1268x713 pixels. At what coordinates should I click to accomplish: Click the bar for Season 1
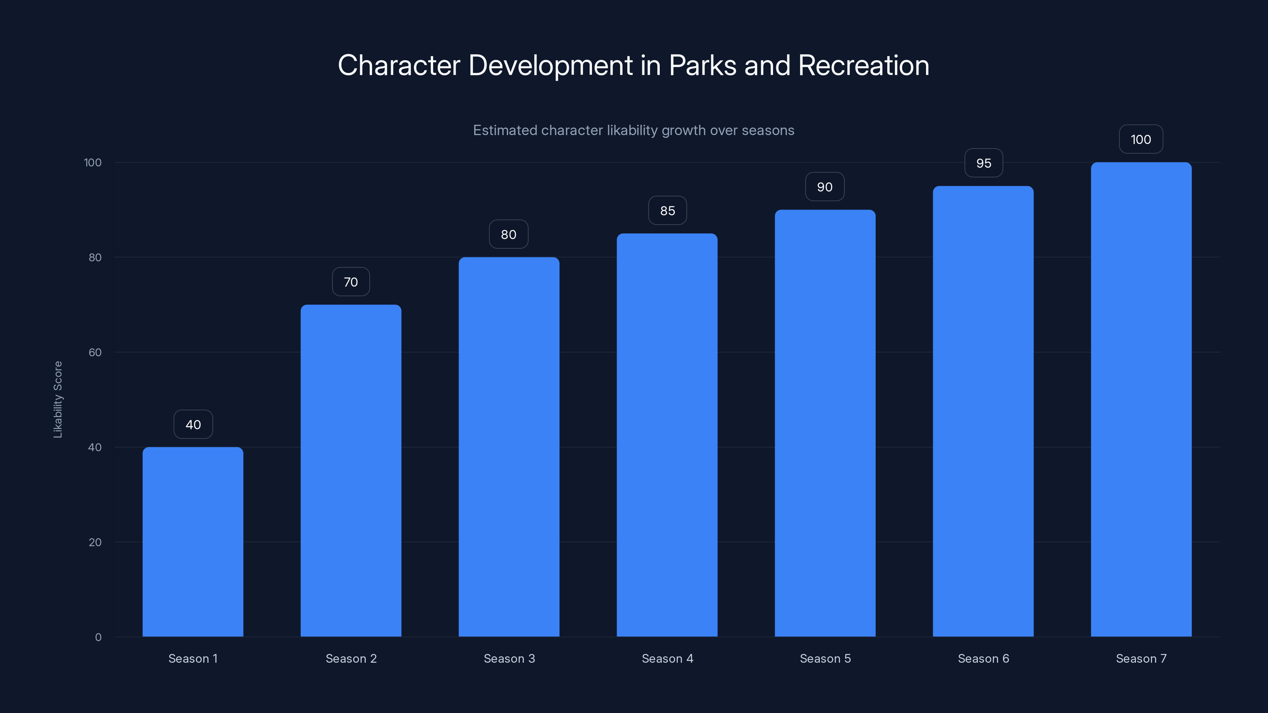193,541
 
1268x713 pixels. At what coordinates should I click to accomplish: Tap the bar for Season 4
667,435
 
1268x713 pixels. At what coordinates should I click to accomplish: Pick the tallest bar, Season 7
1141,399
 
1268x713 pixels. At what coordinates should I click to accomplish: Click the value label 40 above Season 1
193,425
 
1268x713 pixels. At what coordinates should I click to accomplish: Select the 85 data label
667,211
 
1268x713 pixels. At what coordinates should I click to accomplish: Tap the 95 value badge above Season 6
983,163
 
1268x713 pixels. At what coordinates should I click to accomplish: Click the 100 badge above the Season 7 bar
1141,139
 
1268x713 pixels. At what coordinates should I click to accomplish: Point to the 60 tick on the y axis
95,352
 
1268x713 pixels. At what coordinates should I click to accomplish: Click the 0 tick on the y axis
98,637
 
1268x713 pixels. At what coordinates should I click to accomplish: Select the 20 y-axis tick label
95,542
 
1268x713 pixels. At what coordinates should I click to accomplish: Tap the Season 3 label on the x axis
509,658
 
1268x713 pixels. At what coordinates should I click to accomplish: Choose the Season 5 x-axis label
825,658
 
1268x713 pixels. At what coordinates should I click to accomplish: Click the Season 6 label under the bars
983,658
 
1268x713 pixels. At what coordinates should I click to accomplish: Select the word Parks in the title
703,65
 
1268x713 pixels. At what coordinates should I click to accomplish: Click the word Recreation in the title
863,65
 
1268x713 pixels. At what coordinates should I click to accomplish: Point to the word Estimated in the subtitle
505,130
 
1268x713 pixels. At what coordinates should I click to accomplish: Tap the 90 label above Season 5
825,187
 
